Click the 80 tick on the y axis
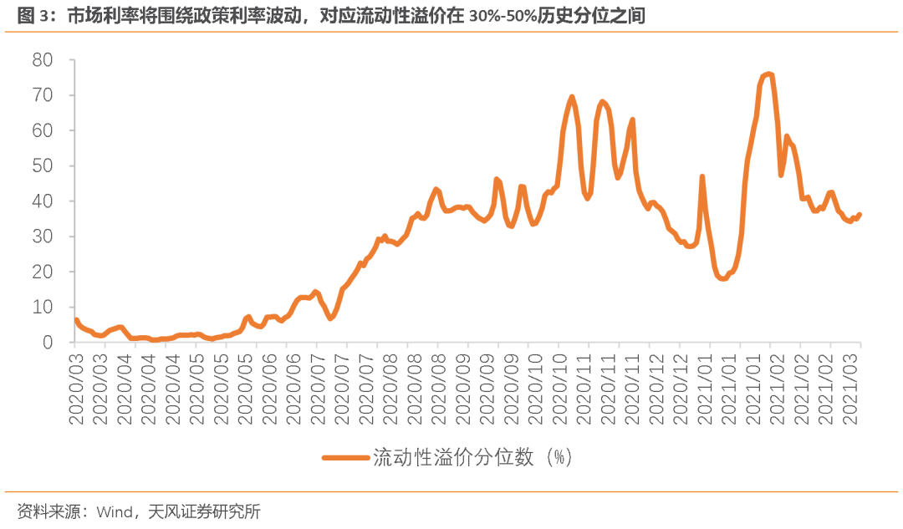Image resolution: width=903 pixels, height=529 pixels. click(x=43, y=60)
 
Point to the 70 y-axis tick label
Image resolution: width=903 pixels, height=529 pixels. click(x=43, y=95)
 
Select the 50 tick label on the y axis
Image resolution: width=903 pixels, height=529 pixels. click(x=43, y=165)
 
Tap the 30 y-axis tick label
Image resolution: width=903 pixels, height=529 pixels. click(x=43, y=237)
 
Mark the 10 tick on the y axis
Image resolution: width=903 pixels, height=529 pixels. click(x=43, y=307)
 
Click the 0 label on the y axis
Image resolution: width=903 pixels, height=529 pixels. click(x=48, y=342)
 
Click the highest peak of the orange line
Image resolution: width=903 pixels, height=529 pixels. click(x=768, y=74)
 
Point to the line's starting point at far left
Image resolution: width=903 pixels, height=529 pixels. click(x=76, y=320)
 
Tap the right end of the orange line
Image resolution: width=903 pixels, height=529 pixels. click(x=860, y=215)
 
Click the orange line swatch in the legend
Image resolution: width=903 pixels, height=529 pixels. click(x=345, y=458)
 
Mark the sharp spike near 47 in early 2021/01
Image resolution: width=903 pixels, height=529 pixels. click(x=702, y=176)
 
